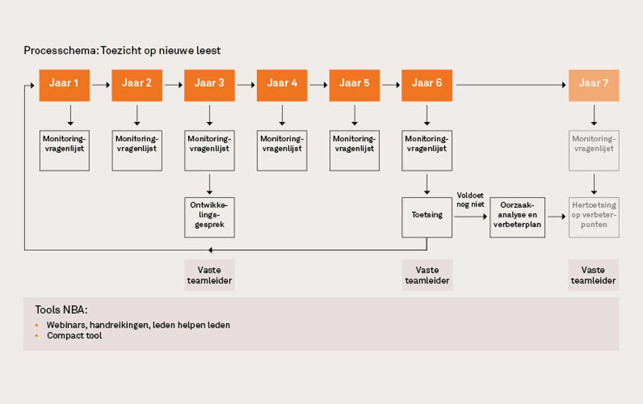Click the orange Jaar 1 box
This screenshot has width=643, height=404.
tap(64, 85)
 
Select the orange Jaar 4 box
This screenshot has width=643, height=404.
tap(282, 85)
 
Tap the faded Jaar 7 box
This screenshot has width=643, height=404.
tap(594, 85)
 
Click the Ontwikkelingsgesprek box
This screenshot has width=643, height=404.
tap(209, 217)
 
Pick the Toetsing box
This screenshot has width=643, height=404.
tap(427, 217)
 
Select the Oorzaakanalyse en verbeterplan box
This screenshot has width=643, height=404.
tap(517, 217)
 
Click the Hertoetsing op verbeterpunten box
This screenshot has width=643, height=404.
tap(594, 217)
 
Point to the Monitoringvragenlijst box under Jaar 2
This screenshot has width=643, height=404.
tap(137, 150)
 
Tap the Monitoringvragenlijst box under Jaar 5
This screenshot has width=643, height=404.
tap(354, 150)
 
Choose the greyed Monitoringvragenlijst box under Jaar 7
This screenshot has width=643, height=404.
tap(594, 150)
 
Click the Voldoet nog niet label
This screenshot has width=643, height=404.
tap(470, 200)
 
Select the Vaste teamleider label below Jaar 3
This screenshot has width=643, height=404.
tap(209, 275)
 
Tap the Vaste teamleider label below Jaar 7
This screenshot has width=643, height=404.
tap(594, 275)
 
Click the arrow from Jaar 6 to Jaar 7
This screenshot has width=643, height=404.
tap(511, 85)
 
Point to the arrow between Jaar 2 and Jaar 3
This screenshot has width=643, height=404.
tap(174, 85)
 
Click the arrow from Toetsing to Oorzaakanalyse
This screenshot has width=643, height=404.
tap(471, 217)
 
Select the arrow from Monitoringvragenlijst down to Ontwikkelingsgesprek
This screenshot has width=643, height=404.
tap(209, 184)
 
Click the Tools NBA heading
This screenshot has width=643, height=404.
tap(61, 310)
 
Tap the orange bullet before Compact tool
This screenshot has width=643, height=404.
tap(36, 336)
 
